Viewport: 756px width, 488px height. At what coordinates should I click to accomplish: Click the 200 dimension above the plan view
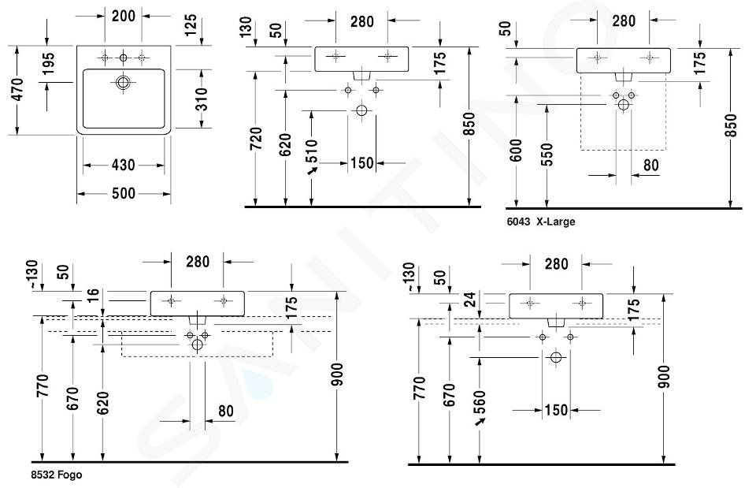pos(122,15)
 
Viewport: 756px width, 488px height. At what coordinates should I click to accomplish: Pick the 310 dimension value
pos(202,99)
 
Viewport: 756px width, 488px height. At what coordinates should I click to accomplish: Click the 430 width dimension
pos(124,165)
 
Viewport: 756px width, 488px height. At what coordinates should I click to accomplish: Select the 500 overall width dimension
pos(124,192)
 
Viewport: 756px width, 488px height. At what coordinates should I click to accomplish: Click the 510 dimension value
pos(312,151)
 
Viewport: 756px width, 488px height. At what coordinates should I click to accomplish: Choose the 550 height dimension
pos(547,154)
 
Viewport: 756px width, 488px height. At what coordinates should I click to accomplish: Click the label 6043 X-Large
pos(540,222)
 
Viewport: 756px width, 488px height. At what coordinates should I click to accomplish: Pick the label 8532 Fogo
pos(56,475)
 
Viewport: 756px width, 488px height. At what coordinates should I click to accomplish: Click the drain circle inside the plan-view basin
pos(124,82)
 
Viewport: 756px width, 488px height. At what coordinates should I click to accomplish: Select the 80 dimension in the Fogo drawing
pos(224,412)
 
